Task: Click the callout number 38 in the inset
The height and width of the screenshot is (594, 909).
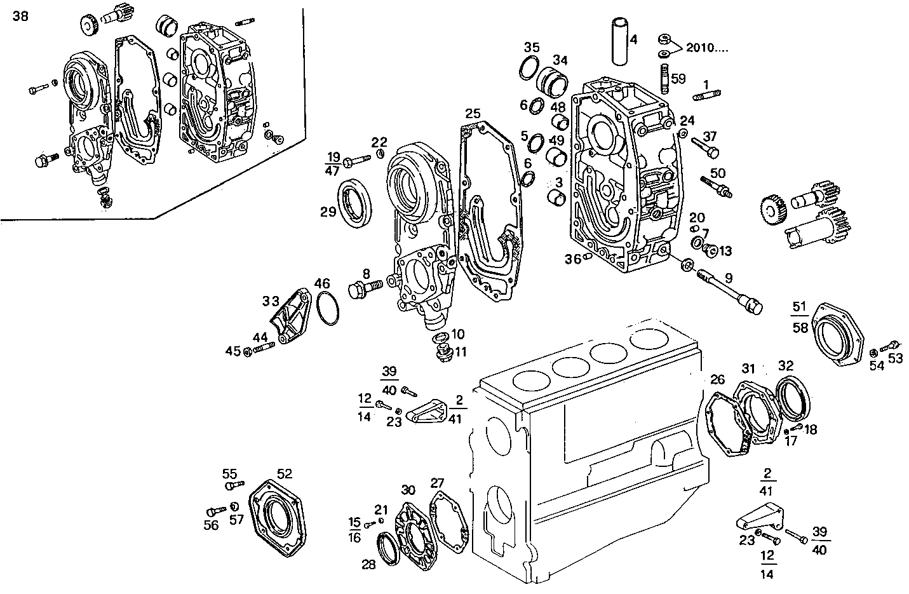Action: click(20, 17)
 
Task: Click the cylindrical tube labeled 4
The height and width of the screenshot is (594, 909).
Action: click(619, 41)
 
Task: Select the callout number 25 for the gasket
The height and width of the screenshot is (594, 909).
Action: click(472, 114)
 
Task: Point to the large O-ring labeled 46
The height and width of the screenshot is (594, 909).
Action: click(327, 308)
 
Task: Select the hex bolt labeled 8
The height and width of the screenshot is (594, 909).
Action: click(363, 290)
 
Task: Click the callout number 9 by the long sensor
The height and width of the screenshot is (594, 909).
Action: click(729, 277)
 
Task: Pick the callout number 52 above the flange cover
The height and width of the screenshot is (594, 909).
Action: click(285, 473)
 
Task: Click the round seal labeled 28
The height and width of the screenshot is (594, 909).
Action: click(387, 548)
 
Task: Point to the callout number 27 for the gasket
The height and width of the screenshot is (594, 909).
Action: click(438, 483)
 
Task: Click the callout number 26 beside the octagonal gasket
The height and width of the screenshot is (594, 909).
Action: click(717, 380)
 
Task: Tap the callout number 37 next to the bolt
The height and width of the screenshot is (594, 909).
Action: click(710, 136)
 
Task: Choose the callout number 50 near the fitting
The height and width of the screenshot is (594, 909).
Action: click(718, 173)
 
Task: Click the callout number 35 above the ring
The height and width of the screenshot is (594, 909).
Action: click(532, 47)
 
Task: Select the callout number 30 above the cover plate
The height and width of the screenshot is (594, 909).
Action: click(408, 490)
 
